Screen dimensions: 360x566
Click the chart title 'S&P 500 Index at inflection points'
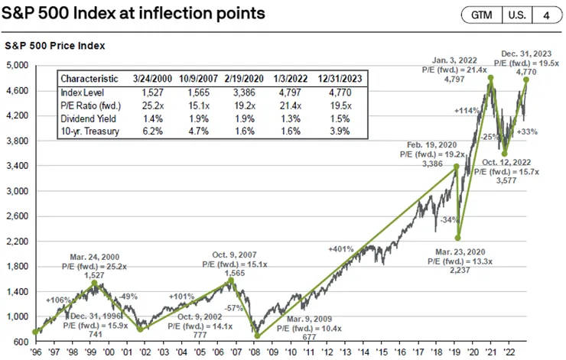(x=125, y=14)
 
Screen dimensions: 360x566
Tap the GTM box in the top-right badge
(x=481, y=15)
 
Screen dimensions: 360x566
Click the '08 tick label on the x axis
(x=257, y=353)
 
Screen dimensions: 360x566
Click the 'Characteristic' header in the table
(x=91, y=79)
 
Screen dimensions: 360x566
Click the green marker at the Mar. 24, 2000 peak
(x=94, y=283)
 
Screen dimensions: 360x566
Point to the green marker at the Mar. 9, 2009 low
(x=257, y=335)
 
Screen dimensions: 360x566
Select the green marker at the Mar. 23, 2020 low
(x=458, y=238)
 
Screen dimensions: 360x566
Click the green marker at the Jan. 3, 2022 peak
(x=490, y=79)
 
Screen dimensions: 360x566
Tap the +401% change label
(x=340, y=249)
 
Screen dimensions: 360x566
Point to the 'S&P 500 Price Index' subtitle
(x=54, y=46)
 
